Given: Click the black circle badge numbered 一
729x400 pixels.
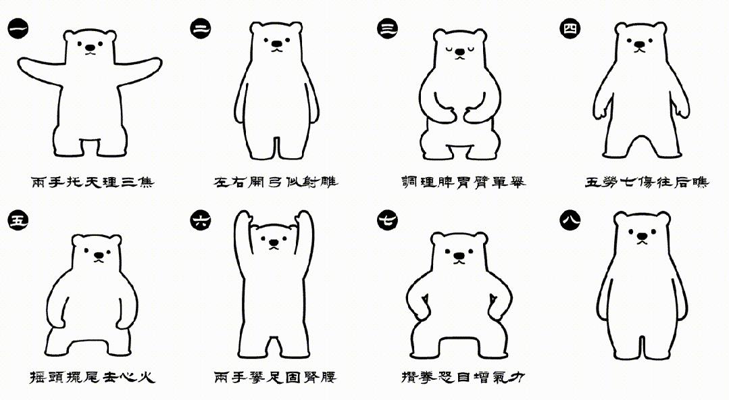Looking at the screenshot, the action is point(18,29).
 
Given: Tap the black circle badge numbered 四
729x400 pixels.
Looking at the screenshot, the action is point(570,29).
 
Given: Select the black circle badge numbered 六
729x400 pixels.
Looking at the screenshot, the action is point(201,220).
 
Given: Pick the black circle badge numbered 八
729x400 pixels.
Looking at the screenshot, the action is point(570,220).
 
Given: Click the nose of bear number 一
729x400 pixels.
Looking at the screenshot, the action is point(90,47).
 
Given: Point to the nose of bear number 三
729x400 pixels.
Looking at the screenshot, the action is point(460,51).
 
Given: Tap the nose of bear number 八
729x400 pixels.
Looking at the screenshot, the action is point(642,236).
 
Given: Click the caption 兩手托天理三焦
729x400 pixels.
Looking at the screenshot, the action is point(93,182).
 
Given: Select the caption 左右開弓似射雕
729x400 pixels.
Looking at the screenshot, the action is point(276,182).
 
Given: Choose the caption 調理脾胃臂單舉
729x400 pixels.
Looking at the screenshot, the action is point(463,182).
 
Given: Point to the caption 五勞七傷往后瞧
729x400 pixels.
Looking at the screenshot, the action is point(647,182).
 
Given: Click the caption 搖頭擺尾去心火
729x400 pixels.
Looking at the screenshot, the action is point(92,376).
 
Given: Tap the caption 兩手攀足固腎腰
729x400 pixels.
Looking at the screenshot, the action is point(275,376).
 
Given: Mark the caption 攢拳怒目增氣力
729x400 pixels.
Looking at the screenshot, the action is point(463,376).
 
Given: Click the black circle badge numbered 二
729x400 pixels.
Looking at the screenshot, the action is point(201,29).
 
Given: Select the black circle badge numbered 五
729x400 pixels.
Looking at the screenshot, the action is point(18,220).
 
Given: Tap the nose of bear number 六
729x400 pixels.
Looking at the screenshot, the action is point(274,243).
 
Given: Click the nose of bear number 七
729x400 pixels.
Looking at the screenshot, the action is point(459,256).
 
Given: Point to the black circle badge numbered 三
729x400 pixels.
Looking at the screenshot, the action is point(387,29).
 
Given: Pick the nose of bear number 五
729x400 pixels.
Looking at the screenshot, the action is point(99,255).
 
